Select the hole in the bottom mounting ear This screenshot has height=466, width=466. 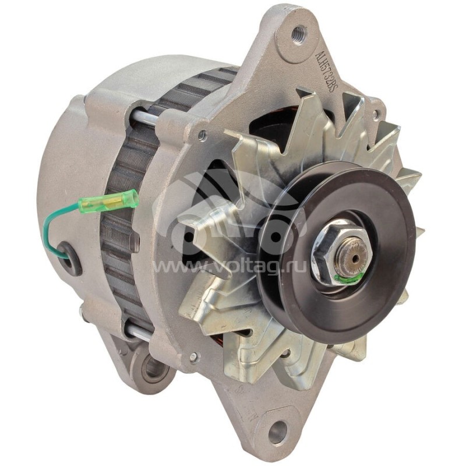click(277, 432)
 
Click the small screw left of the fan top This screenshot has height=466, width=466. click(202, 135)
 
